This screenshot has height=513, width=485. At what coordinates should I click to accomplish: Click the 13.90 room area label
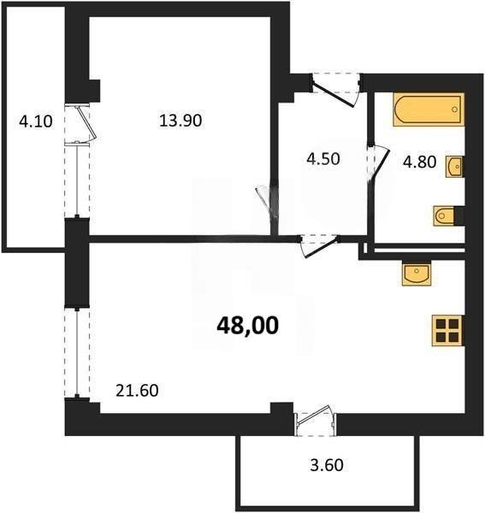tap(180, 121)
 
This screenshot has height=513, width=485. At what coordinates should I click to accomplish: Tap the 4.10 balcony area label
tap(36, 121)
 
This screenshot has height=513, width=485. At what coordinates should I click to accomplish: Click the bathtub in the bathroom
tap(428, 110)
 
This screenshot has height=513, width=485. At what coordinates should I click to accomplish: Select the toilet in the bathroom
tap(446, 215)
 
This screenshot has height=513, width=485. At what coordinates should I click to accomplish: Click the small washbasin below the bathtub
tap(454, 165)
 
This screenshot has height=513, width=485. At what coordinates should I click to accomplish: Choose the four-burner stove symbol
tap(447, 329)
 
